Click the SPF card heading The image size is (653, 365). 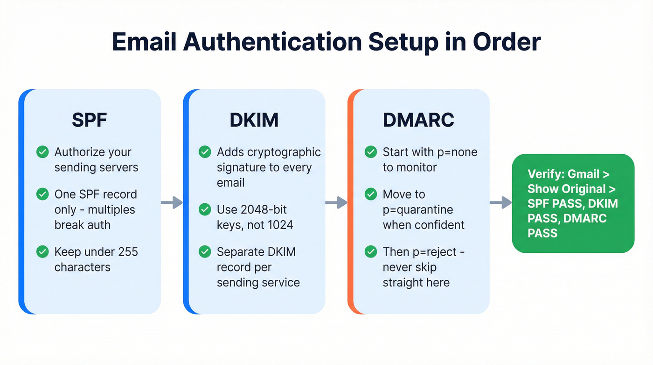[x=90, y=120]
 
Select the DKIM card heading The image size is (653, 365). [x=254, y=120]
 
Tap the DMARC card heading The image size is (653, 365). [x=418, y=120]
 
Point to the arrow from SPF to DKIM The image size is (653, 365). [x=172, y=202]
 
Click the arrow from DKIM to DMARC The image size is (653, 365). [x=336, y=202]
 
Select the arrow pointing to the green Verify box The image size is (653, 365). [x=500, y=202]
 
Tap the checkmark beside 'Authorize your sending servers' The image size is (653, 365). [x=42, y=152]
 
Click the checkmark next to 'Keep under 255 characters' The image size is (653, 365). [x=42, y=252]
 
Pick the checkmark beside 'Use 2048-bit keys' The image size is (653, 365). [x=205, y=209]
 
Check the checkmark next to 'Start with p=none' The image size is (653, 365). [x=371, y=152]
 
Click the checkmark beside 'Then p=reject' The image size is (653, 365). [x=371, y=252]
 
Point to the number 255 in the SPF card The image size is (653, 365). [x=128, y=252]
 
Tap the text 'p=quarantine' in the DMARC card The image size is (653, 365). [x=418, y=209]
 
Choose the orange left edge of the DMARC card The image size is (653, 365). [x=351, y=201]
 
